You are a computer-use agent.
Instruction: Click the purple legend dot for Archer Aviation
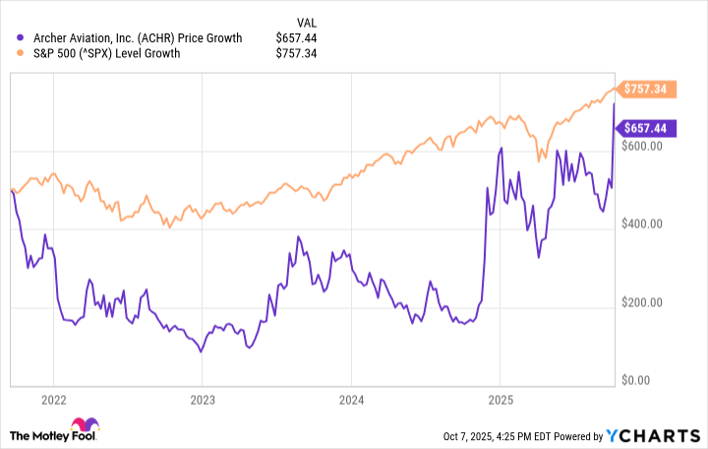click(x=21, y=37)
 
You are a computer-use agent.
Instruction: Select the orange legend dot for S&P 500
click(x=21, y=53)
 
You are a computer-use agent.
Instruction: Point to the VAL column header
click(x=307, y=21)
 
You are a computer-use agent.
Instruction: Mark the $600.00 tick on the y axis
click(x=645, y=146)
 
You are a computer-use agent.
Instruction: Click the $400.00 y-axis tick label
click(x=645, y=224)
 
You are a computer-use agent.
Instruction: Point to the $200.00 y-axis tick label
click(x=645, y=302)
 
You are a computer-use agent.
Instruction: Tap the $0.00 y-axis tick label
click(x=648, y=380)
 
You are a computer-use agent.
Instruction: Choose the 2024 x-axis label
click(x=351, y=401)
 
